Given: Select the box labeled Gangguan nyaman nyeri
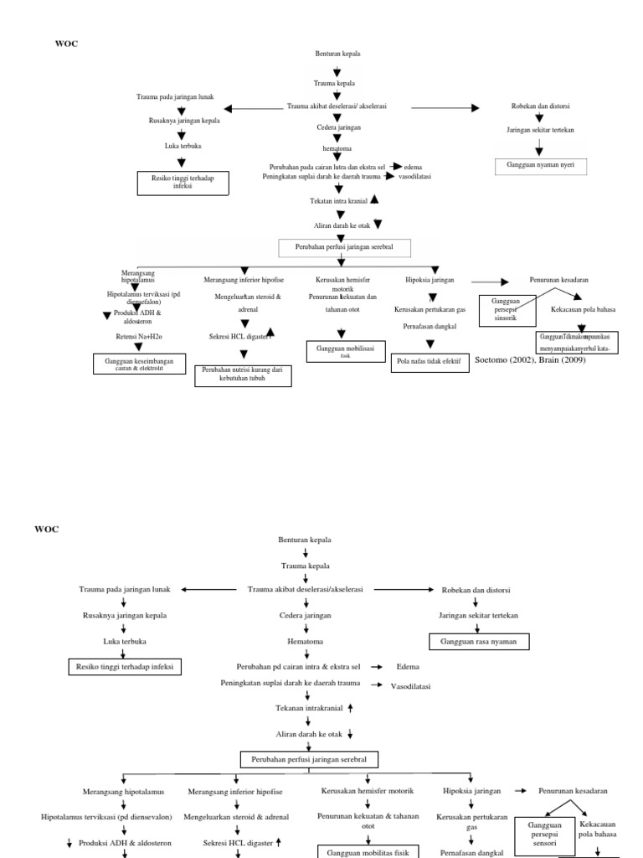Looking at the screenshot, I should click(x=540, y=167).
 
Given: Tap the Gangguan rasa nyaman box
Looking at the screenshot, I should click(x=479, y=642).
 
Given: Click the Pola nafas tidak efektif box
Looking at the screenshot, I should click(x=429, y=362).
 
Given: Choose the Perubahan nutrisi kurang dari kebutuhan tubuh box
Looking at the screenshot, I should click(x=243, y=375).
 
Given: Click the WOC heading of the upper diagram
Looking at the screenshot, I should click(x=66, y=44).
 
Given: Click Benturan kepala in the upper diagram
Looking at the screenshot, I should click(x=338, y=54).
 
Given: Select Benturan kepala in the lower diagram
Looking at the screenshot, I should click(x=305, y=540).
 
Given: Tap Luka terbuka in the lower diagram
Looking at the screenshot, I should click(x=125, y=642).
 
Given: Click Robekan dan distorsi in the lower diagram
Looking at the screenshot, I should click(x=476, y=590).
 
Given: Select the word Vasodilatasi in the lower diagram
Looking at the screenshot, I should click(x=410, y=686).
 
